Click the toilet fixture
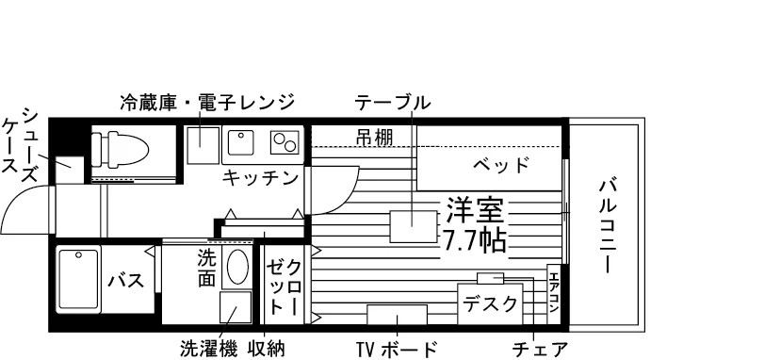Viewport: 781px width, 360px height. click(121, 148)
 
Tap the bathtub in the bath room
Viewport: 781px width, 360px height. click(79, 279)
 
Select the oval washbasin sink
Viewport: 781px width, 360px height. click(237, 267)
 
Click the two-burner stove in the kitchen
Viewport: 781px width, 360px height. click(285, 142)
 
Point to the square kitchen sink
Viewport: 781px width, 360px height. click(240, 142)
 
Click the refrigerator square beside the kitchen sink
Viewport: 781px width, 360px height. click(203, 145)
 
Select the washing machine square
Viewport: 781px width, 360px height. click(236, 307)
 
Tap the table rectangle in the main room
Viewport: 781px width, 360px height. click(413, 226)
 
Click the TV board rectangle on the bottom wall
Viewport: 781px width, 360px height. click(397, 314)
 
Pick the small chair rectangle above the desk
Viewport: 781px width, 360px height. click(490, 278)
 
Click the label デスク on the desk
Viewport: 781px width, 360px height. click(491, 303)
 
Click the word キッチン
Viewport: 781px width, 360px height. click(260, 178)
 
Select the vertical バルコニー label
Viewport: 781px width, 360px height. click(607, 227)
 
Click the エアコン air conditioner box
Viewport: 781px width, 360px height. click(553, 294)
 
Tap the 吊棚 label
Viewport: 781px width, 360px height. click(375, 137)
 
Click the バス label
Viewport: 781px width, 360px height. click(126, 281)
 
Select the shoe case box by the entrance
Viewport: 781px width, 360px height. click(69, 170)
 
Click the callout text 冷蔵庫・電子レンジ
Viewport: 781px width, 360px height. click(207, 102)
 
